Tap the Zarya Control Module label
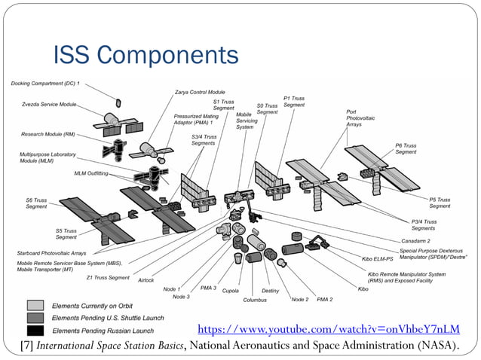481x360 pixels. [200, 92]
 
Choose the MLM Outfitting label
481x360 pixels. [91, 173]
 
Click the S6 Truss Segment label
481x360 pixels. [36, 204]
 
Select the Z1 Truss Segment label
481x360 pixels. [108, 278]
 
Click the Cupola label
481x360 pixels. [231, 290]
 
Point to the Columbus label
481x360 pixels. [255, 300]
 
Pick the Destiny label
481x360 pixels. [271, 290]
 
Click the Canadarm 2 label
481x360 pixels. [418, 240]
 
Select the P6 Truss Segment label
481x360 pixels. [406, 148]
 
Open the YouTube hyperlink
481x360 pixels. [327, 329]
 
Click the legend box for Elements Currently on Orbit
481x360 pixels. [35, 306]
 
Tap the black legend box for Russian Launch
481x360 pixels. [35, 330]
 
